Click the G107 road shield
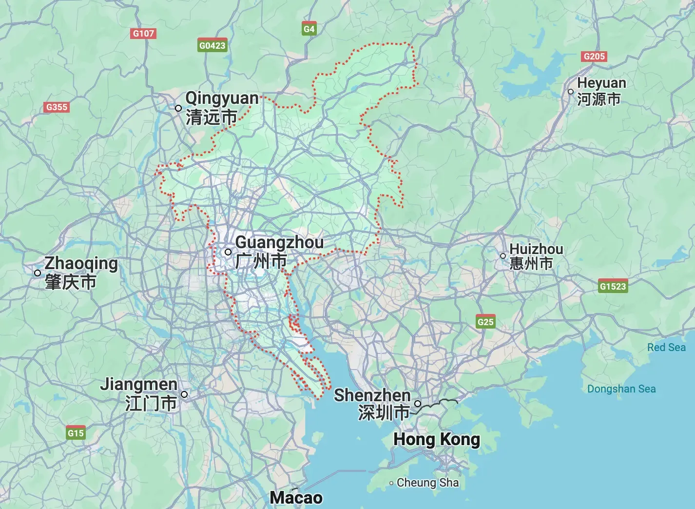(143, 33)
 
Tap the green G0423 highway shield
(212, 45)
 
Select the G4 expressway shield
(309, 29)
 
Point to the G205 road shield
(594, 56)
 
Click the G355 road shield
(57, 107)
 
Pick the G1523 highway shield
(613, 286)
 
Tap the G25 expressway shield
(485, 322)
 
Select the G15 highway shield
(76, 433)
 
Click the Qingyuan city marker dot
(178, 108)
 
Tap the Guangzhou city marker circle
(228, 252)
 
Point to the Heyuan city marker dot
(571, 92)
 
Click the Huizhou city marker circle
(503, 256)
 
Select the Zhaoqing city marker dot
(38, 273)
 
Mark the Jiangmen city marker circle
(184, 394)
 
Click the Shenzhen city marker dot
(418, 404)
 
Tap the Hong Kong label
(437, 439)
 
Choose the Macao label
(296, 498)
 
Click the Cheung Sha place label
(427, 483)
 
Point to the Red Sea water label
(666, 347)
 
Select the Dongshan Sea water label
(621, 389)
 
